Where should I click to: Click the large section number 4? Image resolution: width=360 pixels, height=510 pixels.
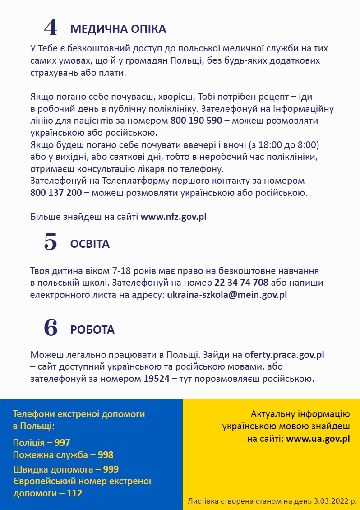51,28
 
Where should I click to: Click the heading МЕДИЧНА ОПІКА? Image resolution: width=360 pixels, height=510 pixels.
118,29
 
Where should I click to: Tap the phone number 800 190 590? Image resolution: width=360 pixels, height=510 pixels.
196,121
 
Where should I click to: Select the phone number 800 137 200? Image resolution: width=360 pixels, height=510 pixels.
56,193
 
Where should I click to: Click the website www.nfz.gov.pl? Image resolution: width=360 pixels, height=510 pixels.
174,216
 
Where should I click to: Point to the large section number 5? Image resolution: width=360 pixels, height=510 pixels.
51,243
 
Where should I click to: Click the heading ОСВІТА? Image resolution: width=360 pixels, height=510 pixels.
90,244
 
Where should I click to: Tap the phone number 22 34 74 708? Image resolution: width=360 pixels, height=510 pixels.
241,283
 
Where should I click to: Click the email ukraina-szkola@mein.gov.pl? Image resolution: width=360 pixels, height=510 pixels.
227,295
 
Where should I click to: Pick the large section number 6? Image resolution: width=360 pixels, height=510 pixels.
51,328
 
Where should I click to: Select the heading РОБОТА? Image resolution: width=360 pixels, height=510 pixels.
92,329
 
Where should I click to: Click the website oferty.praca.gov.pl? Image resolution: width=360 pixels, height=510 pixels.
284,355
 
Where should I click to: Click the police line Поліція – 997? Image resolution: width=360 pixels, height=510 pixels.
42,443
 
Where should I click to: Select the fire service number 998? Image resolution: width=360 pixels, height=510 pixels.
106,454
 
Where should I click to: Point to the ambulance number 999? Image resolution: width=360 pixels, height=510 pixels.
111,469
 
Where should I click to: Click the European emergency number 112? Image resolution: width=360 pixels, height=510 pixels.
74,493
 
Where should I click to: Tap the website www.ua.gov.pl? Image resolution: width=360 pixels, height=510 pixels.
318,438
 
